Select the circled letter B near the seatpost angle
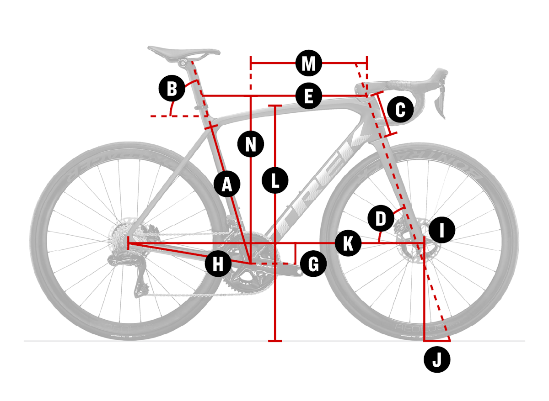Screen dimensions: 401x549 click(172, 88)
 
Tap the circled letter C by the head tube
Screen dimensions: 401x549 click(400, 110)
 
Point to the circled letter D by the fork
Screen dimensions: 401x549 click(381, 218)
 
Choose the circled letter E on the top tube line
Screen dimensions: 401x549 click(309, 96)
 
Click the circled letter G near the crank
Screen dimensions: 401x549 click(313, 264)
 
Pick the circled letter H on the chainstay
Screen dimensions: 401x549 click(218, 264)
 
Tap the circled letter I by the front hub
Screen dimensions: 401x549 click(442, 230)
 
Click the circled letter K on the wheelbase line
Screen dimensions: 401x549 click(348, 243)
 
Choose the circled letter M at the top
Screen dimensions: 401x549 click(309, 63)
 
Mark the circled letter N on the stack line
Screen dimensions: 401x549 click(251, 144)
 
